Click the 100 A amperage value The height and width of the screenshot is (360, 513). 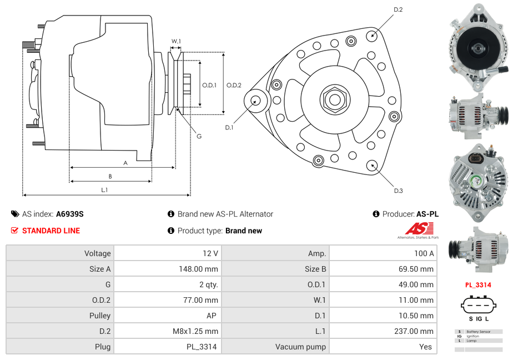click(424, 253)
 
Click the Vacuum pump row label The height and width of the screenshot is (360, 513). click(300, 347)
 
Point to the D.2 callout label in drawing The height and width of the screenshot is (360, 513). click(398, 10)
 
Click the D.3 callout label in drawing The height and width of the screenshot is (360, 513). click(398, 191)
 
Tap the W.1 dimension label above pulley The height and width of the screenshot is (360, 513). click(176, 42)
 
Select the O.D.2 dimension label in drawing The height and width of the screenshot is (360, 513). click(234, 85)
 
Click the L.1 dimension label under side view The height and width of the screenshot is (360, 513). click(104, 190)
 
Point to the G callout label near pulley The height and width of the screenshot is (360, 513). click(199, 136)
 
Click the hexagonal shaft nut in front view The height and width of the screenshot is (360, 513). click(335, 99)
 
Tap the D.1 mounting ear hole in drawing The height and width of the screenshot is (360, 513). click(256, 101)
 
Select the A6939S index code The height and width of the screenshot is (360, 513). click(70, 214)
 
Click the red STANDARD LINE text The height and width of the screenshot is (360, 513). click(51, 231)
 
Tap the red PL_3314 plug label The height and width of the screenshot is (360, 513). click(478, 285)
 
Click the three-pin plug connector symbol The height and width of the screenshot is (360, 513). click(478, 305)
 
